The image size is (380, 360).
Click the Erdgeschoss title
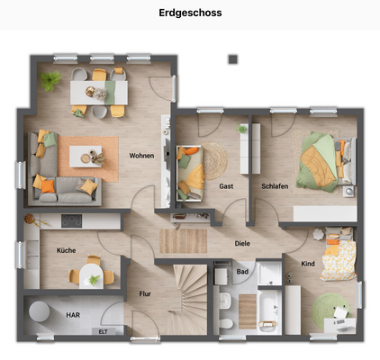click(190, 13)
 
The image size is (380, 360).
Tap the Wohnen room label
click(141, 156)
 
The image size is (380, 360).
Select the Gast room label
click(226, 186)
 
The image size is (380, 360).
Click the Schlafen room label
click(275, 186)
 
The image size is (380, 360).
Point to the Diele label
click(242, 243)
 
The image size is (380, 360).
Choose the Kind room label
click(309, 264)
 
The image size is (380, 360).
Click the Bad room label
click(242, 270)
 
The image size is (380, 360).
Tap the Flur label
click(145, 293)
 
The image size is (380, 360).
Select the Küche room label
click(66, 250)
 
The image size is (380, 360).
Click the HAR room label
click(73, 315)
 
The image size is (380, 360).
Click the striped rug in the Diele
click(184, 240)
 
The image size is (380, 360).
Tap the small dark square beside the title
click(232, 58)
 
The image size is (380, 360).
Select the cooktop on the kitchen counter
click(72, 220)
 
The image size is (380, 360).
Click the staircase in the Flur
click(184, 292)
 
